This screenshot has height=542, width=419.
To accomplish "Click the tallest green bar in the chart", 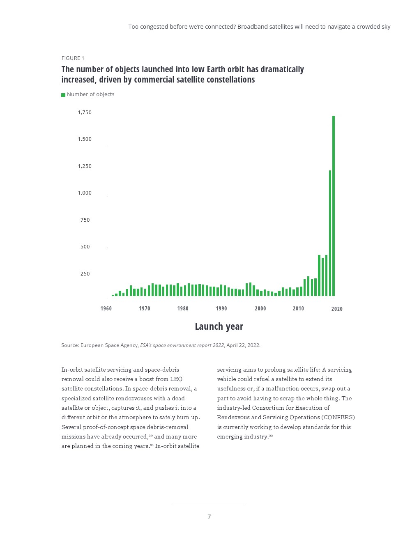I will [x=334, y=205].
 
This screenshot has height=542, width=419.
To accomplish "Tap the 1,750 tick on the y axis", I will [x=85, y=113].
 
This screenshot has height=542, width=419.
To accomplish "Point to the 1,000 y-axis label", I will [x=85, y=193].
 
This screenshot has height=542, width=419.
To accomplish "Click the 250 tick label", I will [x=85, y=274].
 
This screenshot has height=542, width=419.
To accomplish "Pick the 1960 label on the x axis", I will [x=106, y=309].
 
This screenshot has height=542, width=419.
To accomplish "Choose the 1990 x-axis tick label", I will [x=221, y=309].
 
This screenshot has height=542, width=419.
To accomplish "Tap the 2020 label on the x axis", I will [x=337, y=309].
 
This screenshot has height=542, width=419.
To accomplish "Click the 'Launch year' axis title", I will [x=219, y=326].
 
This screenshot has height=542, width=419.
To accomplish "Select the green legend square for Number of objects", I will [x=63, y=95].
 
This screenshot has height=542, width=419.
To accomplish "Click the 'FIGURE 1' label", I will [x=73, y=58].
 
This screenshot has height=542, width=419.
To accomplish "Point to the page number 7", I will [x=209, y=517].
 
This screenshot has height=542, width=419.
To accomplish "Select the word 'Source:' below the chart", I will [x=70, y=345].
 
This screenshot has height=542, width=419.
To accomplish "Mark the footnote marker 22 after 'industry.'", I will [x=271, y=436].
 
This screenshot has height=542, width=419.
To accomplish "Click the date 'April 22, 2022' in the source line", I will [x=243, y=345].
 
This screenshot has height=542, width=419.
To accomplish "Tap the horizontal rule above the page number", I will [x=209, y=504].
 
